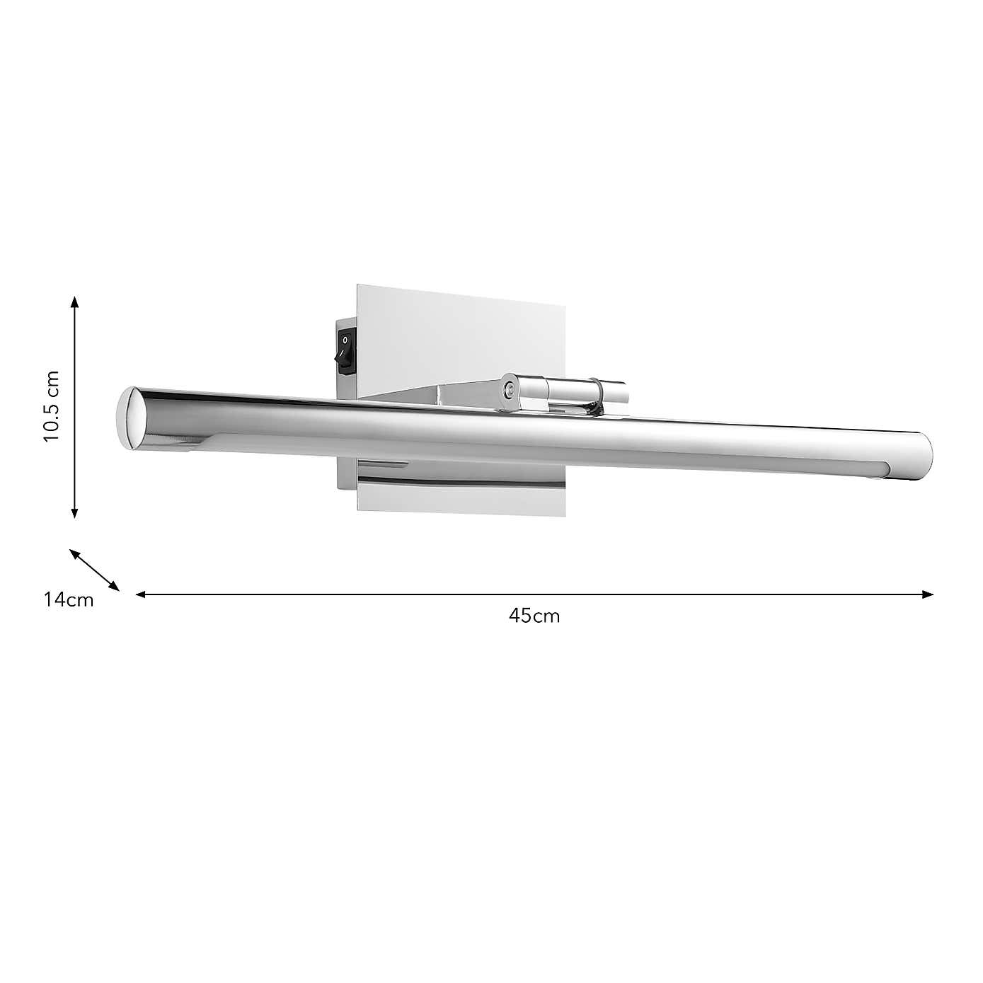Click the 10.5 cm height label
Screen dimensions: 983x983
coord(52,406)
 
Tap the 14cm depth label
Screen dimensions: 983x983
coord(68,600)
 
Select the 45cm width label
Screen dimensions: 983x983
coord(534,616)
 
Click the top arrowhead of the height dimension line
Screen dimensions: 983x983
coord(74,301)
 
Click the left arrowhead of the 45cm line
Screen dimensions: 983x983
coord(140,594)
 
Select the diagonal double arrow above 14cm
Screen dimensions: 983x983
coord(94,569)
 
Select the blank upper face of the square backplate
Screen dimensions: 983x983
coord(460,333)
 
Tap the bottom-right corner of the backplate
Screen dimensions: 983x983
coord(565,513)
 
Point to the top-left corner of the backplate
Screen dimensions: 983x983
coord(358,287)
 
